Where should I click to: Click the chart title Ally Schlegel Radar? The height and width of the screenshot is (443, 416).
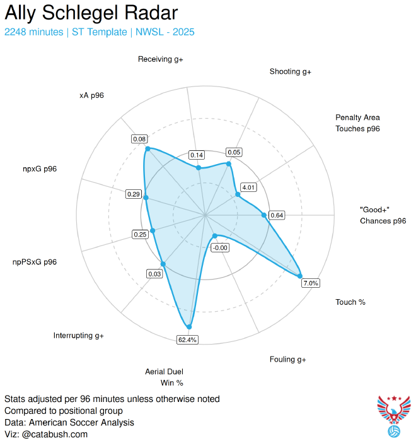point(91,13)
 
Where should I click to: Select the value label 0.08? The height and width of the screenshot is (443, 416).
point(139,139)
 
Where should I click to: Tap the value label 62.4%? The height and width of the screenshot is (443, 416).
point(187,340)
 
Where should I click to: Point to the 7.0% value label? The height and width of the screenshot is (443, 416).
point(311,283)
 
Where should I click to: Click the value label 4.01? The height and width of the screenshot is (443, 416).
point(248,187)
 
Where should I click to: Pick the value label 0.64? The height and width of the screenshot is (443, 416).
point(276,215)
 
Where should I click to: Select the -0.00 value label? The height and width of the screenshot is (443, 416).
point(220,247)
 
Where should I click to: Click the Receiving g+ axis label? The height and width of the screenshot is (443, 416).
point(165,59)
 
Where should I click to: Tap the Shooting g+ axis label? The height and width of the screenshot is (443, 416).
point(290,72)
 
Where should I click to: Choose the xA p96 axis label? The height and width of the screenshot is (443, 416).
point(91,95)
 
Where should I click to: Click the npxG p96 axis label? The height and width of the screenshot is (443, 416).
point(40,168)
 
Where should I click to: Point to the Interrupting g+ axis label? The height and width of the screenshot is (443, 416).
point(79,335)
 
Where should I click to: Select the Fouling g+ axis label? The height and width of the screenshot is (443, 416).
point(287,359)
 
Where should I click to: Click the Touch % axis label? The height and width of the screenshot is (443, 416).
point(350,302)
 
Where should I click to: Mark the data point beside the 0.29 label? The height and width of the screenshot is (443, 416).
point(146,198)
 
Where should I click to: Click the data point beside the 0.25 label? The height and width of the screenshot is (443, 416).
point(152,231)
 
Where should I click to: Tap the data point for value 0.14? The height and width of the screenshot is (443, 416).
point(199,167)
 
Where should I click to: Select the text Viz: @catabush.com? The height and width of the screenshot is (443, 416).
point(46,434)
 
